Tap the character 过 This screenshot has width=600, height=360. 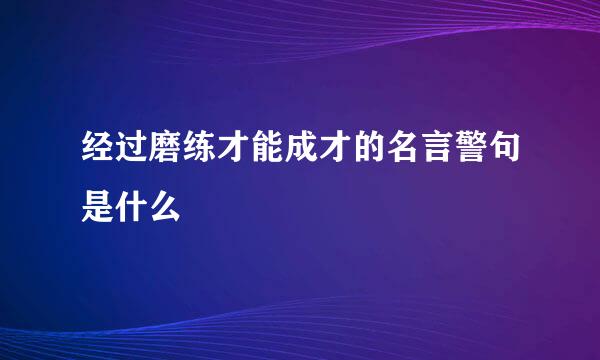coord(131,156)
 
